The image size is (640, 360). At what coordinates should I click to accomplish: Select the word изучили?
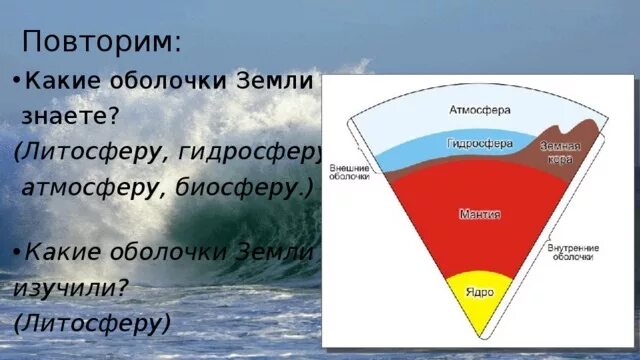(71, 286)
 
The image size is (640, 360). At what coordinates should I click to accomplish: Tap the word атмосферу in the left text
(84, 187)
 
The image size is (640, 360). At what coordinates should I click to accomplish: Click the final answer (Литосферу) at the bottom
(93, 322)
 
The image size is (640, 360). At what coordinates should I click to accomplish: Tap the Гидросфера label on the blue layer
(479, 143)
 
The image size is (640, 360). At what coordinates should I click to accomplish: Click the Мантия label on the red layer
(480, 214)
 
